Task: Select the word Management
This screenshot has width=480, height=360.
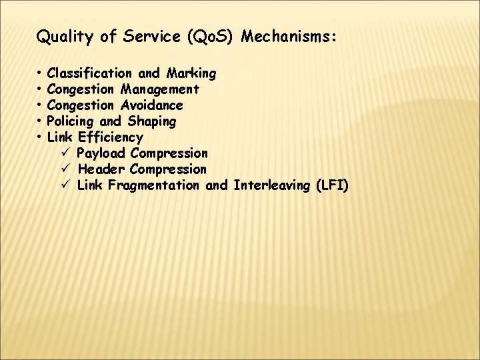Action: [x=160, y=89]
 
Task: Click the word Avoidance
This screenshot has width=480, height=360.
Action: [x=152, y=105]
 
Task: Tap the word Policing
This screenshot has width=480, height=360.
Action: [x=71, y=121]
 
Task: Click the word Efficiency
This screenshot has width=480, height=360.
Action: [x=110, y=137]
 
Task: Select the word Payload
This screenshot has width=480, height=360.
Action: [x=101, y=153]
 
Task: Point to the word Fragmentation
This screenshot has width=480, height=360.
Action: [x=153, y=185]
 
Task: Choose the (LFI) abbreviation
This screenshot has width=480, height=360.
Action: [x=332, y=185]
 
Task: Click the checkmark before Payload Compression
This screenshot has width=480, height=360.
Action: [x=65, y=153]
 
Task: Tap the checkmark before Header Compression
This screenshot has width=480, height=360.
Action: [x=65, y=169]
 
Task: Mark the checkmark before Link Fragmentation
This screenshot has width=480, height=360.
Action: [x=65, y=185]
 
